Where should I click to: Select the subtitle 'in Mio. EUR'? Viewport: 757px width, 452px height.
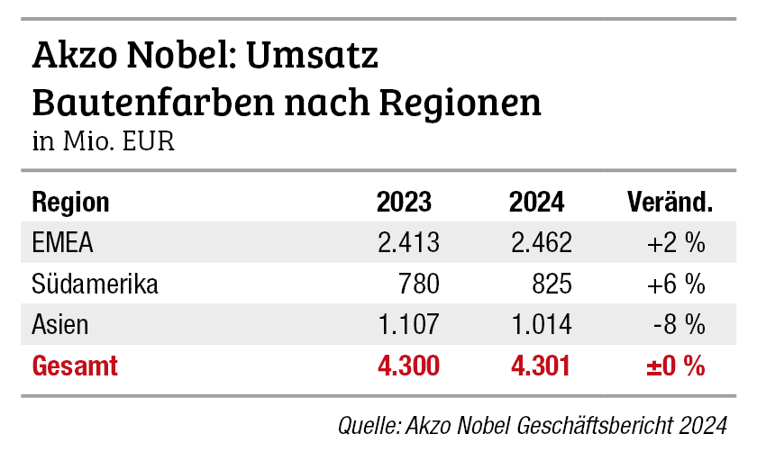click(103, 142)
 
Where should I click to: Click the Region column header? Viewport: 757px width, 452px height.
click(70, 202)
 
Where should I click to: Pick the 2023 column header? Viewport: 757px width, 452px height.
click(404, 202)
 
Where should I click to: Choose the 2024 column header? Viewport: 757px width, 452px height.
click(537, 202)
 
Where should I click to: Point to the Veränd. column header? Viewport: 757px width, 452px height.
click(669, 202)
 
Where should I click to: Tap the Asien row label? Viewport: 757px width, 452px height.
click(61, 325)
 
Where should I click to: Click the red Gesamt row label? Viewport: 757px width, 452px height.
click(75, 366)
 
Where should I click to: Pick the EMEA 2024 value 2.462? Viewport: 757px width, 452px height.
click(541, 243)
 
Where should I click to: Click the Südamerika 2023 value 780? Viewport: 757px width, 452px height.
click(419, 285)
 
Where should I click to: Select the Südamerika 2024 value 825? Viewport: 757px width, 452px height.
click(551, 285)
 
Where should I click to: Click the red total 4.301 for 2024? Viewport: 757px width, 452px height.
click(541, 366)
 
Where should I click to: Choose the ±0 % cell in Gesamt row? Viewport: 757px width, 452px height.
click(674, 366)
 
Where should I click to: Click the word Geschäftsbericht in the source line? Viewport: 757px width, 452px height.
click(631, 424)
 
